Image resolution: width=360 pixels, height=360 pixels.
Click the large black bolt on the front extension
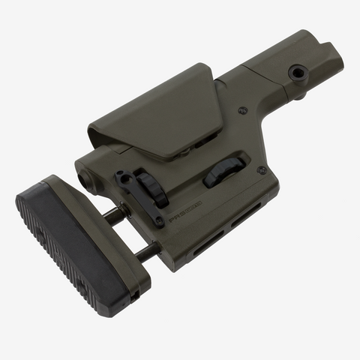298,73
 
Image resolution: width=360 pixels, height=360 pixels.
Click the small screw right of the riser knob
261,170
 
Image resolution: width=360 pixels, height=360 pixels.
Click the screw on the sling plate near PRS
159,222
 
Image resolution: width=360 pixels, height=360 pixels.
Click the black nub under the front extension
300,95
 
